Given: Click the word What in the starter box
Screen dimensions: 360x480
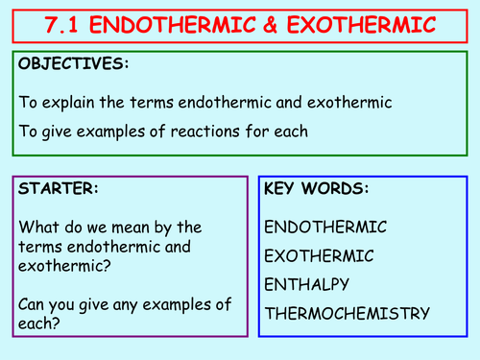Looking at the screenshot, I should click(36, 228).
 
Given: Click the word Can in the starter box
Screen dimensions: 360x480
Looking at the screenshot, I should click(32, 305).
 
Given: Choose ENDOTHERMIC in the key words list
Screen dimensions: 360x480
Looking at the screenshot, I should click(324, 228).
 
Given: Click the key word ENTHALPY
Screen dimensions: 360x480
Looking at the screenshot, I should click(307, 285).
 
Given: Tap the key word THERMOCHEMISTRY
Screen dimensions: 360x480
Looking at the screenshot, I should click(346, 313).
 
